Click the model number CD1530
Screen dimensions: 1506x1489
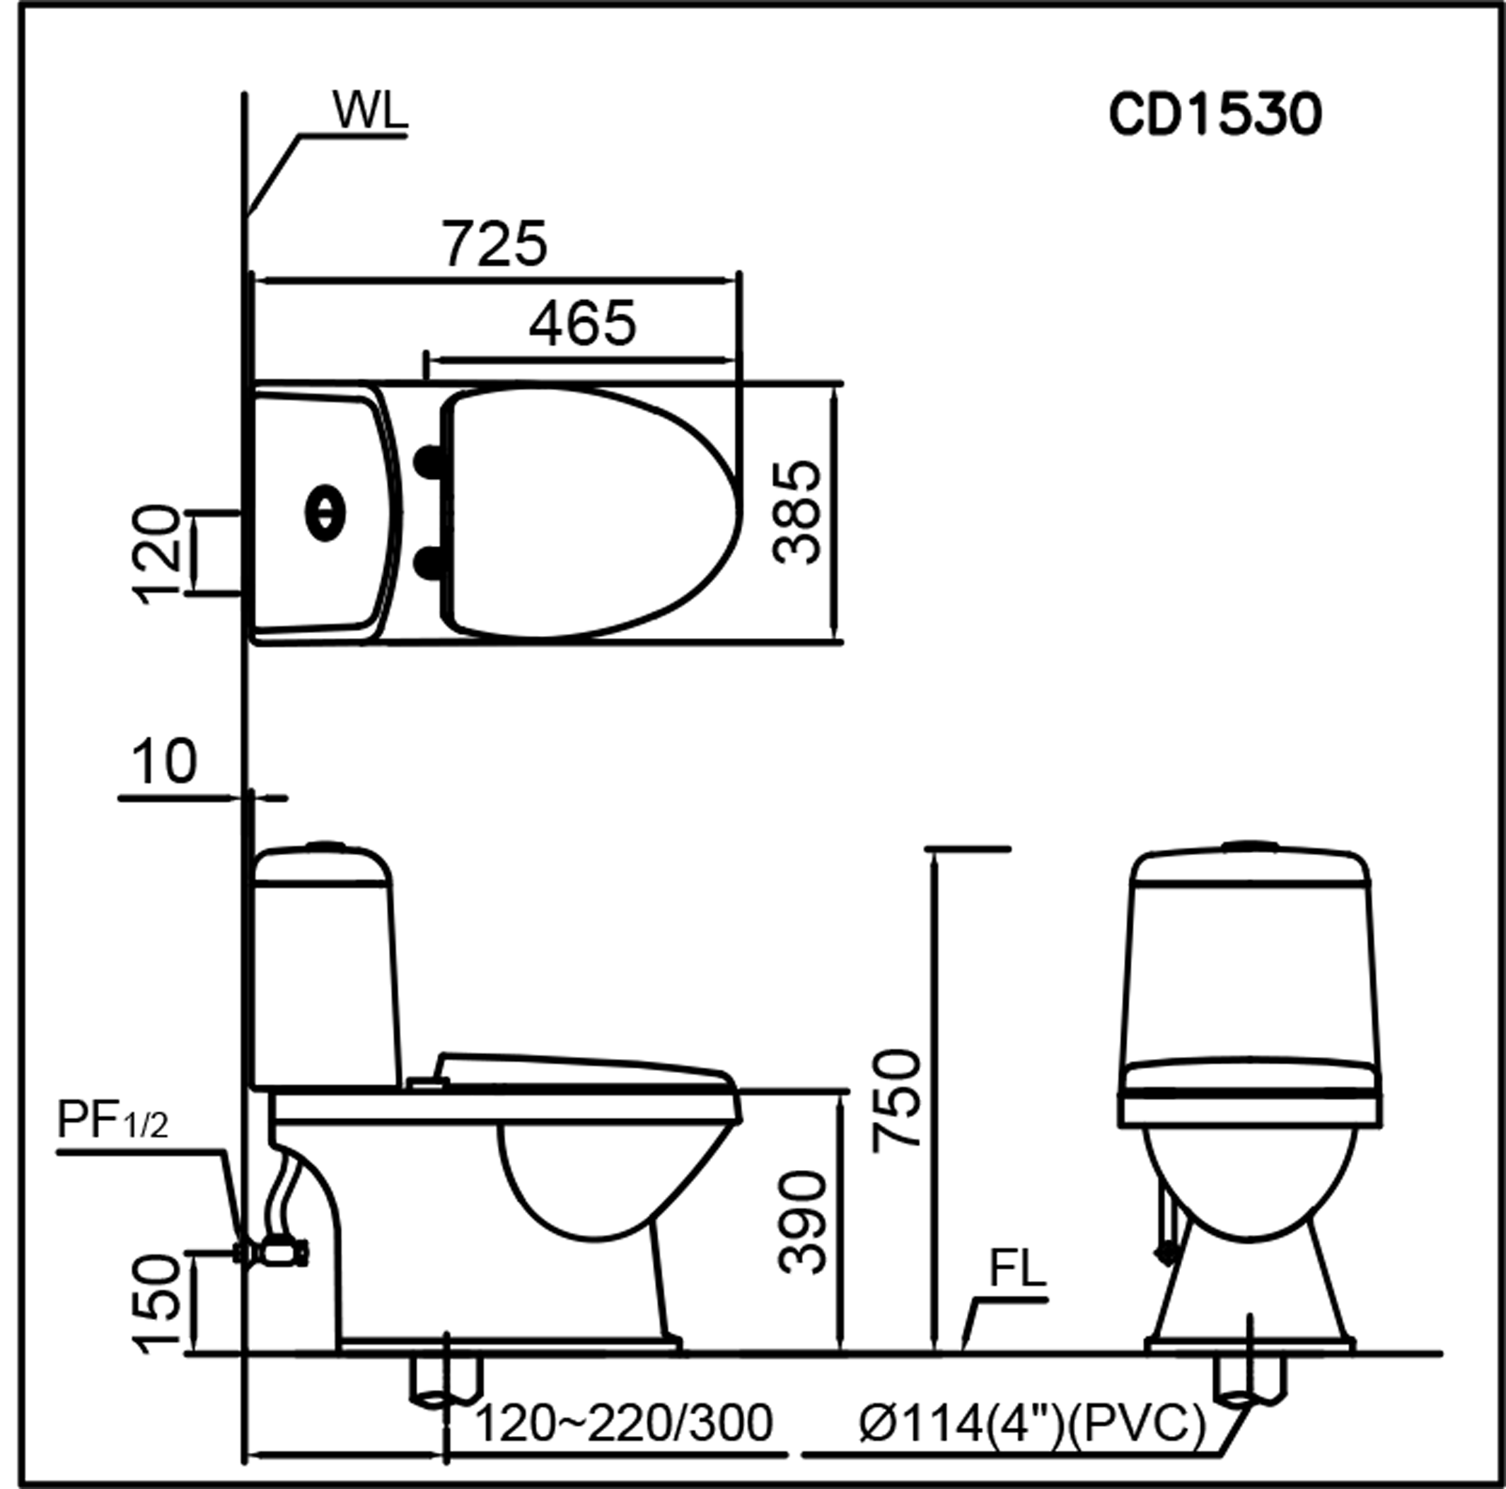click(1215, 115)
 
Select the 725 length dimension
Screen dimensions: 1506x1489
click(496, 243)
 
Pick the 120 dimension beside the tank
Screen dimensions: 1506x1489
click(158, 555)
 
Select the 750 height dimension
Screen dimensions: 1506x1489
click(897, 1099)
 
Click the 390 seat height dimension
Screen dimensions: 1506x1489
click(802, 1222)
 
